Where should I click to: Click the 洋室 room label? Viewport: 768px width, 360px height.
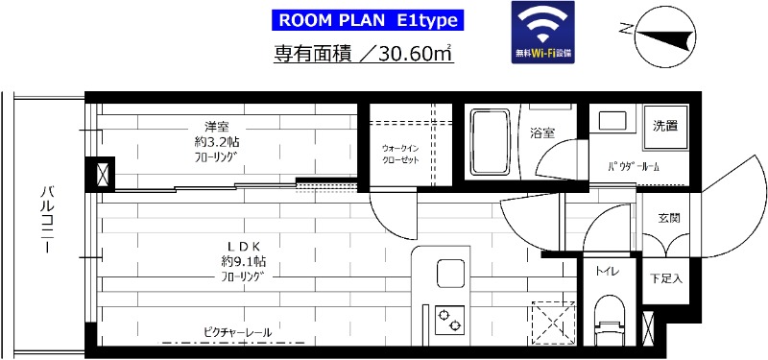click(216, 127)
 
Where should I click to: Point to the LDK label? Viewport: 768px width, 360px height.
click(240, 243)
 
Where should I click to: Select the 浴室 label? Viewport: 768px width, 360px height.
click(542, 134)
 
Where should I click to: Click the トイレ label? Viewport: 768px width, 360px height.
click(607, 272)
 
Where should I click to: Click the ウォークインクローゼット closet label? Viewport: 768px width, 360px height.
click(401, 155)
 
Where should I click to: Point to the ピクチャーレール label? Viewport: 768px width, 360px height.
click(237, 332)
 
